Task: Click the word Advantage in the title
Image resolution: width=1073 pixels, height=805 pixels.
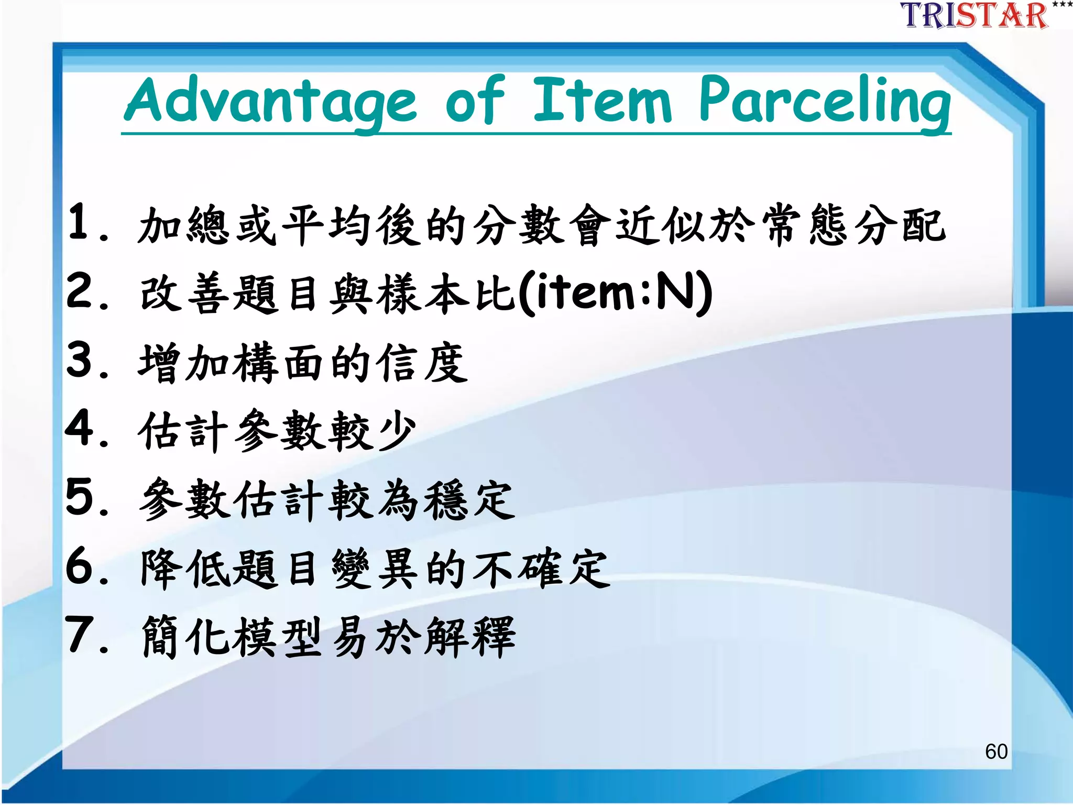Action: (270, 101)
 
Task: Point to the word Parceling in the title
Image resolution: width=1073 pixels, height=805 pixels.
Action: (825, 101)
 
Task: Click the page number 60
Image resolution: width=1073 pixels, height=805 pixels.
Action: (996, 752)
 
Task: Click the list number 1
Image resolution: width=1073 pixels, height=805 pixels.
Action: (81, 222)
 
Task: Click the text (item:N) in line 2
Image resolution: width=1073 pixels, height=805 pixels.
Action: (615, 292)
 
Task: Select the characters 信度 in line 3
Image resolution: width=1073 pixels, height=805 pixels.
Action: (423, 363)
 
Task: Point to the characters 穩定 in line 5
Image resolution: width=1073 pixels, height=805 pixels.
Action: (469, 500)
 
